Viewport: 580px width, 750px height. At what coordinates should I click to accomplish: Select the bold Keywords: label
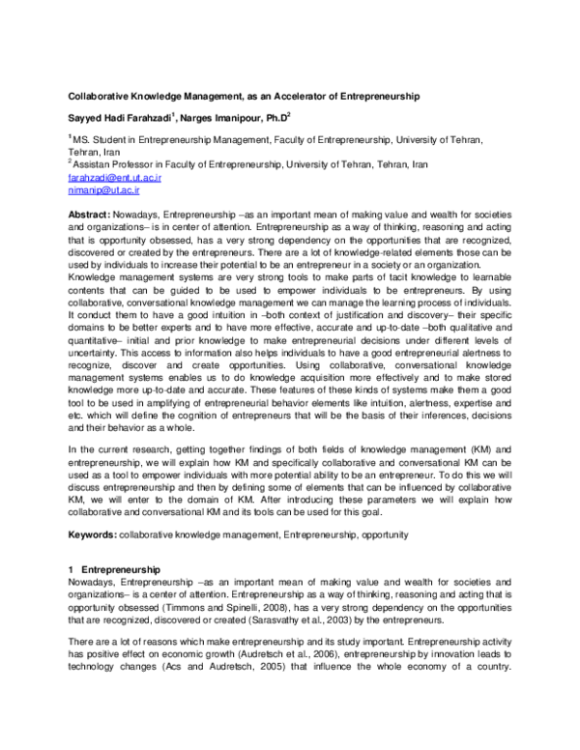tap(92, 534)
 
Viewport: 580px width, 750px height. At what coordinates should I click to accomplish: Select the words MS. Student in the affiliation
tap(101, 141)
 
